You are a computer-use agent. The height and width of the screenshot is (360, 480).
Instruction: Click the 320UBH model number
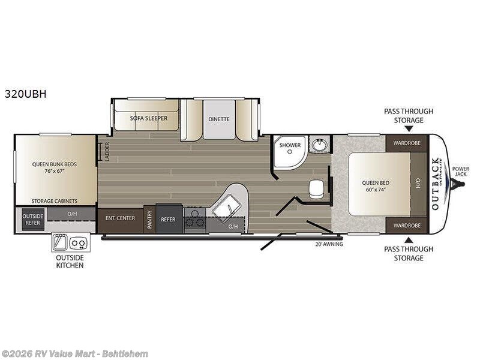pos(25,94)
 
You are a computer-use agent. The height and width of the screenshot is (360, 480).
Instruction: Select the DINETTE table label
pos(219,119)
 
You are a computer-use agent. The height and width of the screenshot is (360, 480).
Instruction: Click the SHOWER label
pos(289,145)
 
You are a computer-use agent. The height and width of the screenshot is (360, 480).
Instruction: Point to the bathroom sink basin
pos(318,146)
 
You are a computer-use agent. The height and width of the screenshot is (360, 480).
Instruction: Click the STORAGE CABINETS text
pos(56,200)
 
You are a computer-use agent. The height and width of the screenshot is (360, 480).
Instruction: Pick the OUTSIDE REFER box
pos(32,219)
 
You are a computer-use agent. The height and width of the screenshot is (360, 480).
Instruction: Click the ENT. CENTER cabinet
pos(120,219)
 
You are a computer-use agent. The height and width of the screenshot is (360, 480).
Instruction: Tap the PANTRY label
pos(149,220)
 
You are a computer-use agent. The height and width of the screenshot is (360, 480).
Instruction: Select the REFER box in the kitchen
pos(168,220)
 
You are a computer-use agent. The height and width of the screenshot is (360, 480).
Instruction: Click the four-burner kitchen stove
pos(194,218)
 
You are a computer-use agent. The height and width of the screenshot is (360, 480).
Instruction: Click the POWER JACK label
pos(461,172)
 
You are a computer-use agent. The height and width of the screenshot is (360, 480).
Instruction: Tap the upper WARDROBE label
pos(406,142)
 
